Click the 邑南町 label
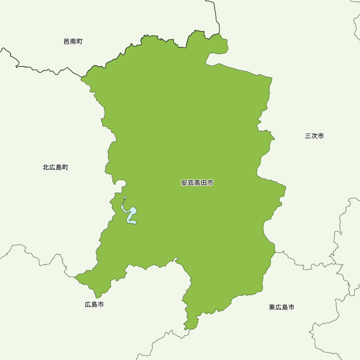click(x=73, y=42)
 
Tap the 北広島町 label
click(x=55, y=167)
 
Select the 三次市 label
click(x=314, y=136)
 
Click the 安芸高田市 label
click(x=197, y=183)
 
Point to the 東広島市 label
click(x=282, y=307)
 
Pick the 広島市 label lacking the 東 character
click(x=94, y=305)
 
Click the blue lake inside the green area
click(x=131, y=212)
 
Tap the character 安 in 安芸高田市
click(x=184, y=183)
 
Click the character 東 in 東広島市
click(x=272, y=307)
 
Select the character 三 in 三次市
click(x=308, y=136)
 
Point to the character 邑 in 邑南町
click(x=67, y=42)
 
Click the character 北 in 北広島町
click(x=46, y=167)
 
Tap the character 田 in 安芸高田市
click(x=204, y=183)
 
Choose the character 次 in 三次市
click(x=314, y=136)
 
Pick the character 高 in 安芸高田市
click(x=197, y=183)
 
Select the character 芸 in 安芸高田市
click(x=191, y=183)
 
